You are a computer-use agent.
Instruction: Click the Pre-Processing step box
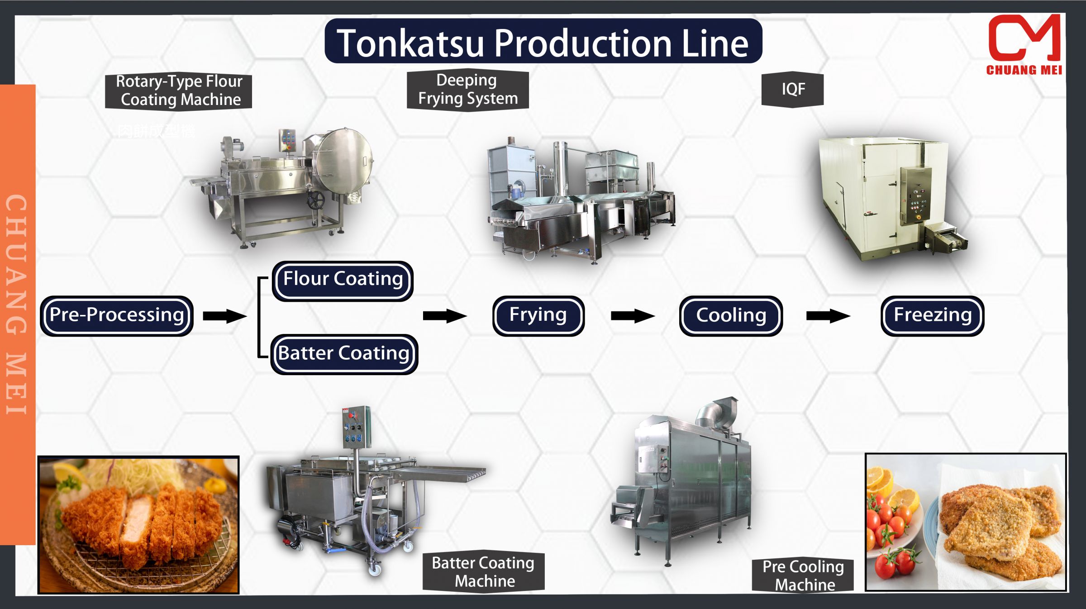point(117,315)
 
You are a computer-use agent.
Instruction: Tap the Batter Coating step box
point(344,354)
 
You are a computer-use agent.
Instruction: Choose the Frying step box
point(538,315)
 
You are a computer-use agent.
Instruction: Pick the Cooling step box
point(731,316)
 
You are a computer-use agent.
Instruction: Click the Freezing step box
point(932,315)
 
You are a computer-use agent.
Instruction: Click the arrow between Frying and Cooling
point(632,316)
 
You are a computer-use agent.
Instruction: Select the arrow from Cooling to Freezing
point(828,316)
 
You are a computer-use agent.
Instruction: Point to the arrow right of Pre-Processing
point(224,316)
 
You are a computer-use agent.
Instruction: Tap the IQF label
point(792,90)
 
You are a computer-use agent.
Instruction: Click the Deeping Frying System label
point(467,90)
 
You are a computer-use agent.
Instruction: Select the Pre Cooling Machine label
point(803,575)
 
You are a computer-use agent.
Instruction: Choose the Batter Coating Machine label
point(483,572)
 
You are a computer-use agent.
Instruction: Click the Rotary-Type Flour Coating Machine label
point(179,90)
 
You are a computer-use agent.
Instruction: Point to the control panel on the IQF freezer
point(915,195)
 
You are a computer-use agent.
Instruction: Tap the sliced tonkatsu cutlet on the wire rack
point(140,520)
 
